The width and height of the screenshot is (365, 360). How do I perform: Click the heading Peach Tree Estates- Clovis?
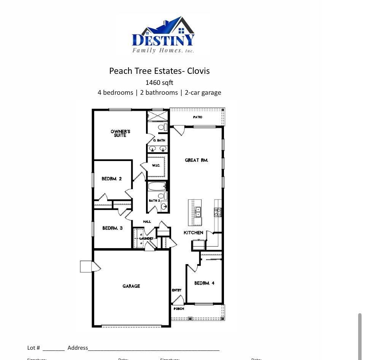click(x=159, y=71)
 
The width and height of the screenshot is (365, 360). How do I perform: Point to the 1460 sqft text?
click(x=159, y=83)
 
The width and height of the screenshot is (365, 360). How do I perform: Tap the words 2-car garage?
click(x=203, y=92)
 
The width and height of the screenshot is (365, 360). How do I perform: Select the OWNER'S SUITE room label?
click(x=120, y=133)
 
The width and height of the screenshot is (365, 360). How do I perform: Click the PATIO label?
click(x=197, y=117)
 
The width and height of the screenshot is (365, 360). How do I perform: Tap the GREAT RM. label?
click(x=196, y=160)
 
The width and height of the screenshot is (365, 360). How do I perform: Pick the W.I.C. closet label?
click(x=156, y=166)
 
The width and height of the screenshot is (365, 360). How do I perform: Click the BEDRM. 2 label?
click(x=111, y=178)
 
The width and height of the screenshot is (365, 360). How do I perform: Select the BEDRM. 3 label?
click(x=112, y=228)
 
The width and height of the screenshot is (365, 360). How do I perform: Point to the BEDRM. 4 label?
click(x=204, y=283)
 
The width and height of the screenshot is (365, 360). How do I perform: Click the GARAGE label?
click(x=131, y=286)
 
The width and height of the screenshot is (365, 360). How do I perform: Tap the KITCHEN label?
click(x=193, y=233)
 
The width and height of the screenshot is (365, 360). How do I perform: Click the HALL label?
click(x=147, y=221)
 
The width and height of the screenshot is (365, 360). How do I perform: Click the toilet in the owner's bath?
click(x=162, y=127)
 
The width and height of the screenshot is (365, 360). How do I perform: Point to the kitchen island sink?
click(x=198, y=212)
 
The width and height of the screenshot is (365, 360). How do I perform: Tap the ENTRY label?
click(x=176, y=290)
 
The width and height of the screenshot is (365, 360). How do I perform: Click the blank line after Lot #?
click(x=54, y=348)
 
